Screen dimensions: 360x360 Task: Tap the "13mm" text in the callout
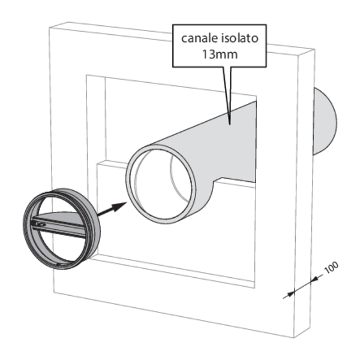click(220, 53)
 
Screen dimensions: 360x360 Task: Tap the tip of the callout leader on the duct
click(230, 123)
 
